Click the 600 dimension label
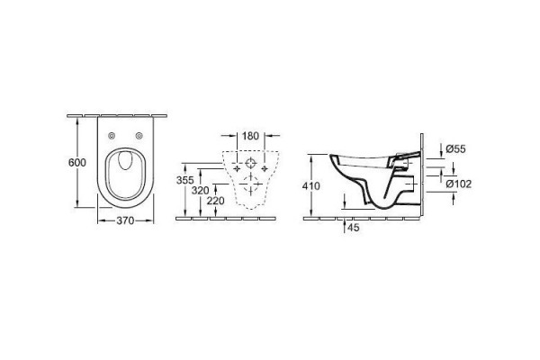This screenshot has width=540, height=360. coord(77,162)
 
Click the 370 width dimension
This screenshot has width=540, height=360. coord(125,220)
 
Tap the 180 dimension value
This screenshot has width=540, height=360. coord(250,136)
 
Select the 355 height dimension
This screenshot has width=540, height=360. coord(184,180)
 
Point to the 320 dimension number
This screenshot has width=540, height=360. coord(200,190)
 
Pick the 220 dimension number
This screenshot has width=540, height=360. coord(216,201)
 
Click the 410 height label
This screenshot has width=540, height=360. coord(311,186)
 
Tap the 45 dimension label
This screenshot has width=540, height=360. coord(354,228)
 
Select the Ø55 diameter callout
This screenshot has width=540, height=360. coord(455,149)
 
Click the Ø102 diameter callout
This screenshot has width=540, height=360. coord(459,184)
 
